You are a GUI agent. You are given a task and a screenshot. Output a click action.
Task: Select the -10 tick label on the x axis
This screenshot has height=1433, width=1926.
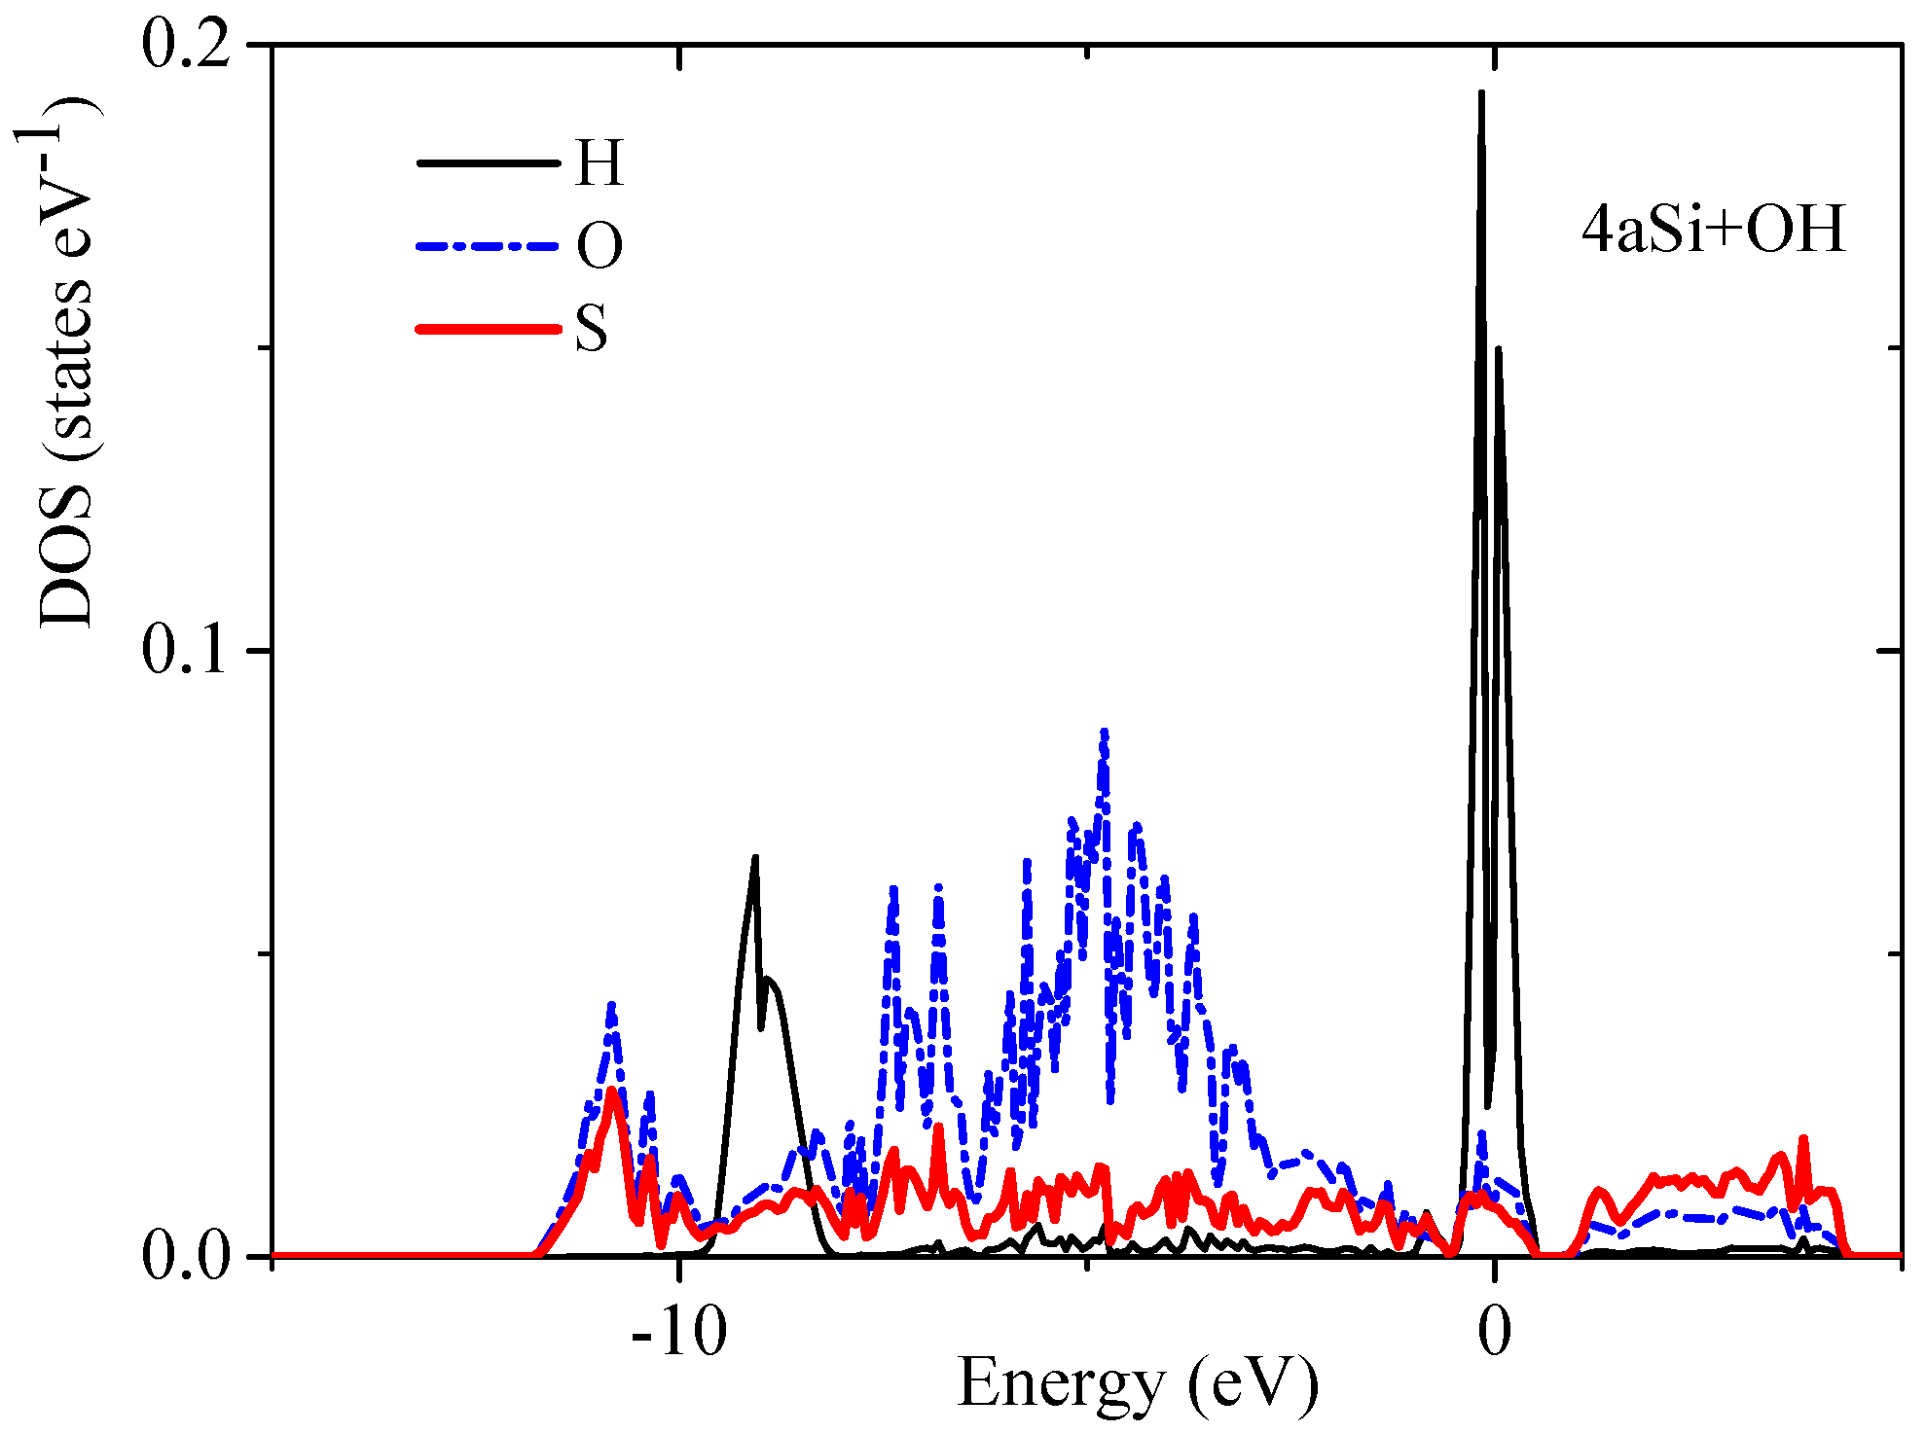click(x=678, y=1332)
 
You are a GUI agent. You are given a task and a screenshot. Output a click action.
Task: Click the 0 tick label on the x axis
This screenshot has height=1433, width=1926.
click(x=1494, y=1332)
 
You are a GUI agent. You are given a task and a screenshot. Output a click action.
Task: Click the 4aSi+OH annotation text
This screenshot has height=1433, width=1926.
click(x=1713, y=231)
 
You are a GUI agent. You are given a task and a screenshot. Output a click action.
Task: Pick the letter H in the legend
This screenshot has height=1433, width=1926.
click(x=599, y=162)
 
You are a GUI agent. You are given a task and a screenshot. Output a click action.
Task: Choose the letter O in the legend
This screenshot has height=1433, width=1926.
click(x=599, y=245)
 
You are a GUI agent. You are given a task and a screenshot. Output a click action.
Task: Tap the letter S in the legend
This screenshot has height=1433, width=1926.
click(x=591, y=328)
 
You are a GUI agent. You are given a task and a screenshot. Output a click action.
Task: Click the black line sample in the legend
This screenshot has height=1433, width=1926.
click(x=488, y=162)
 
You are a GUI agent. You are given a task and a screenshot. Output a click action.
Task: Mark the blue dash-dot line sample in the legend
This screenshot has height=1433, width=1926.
click(x=488, y=246)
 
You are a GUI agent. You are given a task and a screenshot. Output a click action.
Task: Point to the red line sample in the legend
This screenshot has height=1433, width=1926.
click(x=488, y=329)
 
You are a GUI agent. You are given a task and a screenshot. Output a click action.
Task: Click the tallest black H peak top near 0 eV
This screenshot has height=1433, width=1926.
click(x=1481, y=93)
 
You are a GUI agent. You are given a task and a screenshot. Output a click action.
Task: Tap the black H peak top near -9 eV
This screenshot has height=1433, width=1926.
click(x=754, y=858)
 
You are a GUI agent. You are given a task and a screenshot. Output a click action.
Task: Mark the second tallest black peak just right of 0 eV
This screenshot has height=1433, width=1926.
click(x=1499, y=348)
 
